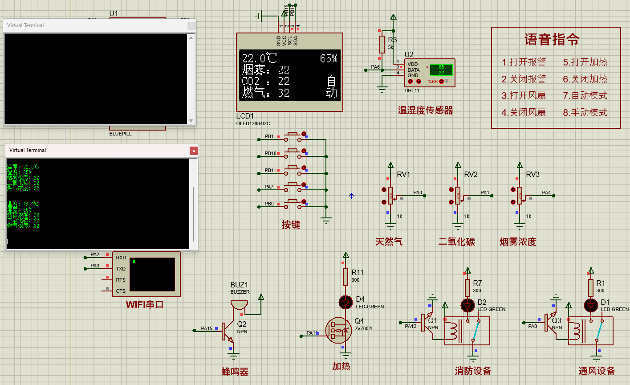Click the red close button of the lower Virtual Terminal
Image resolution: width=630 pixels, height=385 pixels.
click(194, 151)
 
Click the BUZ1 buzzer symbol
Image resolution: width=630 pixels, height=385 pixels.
click(239, 305)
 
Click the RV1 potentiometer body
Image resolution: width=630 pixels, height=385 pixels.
click(390, 196)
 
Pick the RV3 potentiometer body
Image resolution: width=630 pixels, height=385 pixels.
click(520, 196)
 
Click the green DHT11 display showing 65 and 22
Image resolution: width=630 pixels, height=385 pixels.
click(441, 70)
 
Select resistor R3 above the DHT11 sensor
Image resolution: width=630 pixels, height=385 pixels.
click(382, 45)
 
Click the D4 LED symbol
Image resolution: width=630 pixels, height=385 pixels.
click(345, 302)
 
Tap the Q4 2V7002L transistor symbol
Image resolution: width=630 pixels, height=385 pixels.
click(338, 330)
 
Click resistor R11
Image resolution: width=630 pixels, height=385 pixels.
click(345, 277)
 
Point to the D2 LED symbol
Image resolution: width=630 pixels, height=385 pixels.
click(467, 306)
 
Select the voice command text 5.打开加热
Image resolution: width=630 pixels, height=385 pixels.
click(585, 62)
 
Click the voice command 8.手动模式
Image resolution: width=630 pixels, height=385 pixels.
click(585, 112)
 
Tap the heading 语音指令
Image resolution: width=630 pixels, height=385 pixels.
click(552, 40)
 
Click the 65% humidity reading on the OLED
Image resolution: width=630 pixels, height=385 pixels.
click(329, 58)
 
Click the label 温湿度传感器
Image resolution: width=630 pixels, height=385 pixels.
click(425, 111)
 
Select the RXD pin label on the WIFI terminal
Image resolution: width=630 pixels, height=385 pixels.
click(121, 258)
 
